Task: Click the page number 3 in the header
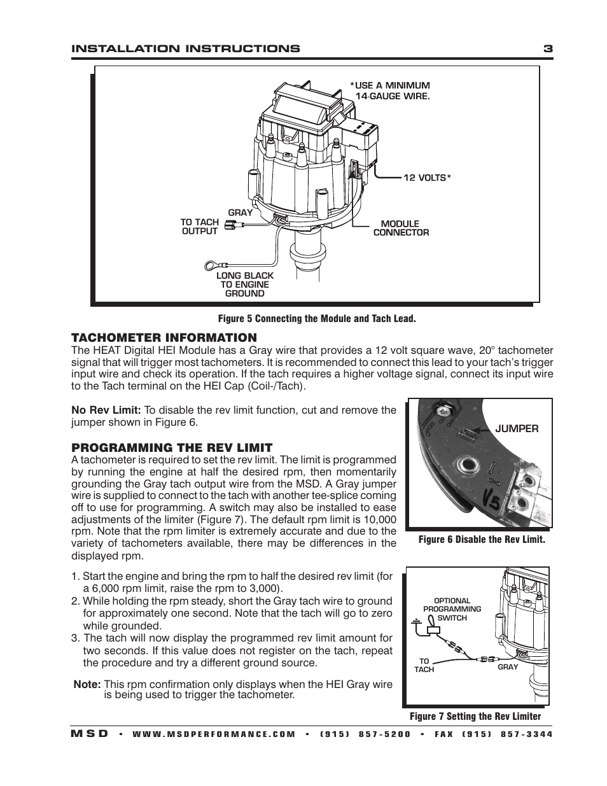(548, 48)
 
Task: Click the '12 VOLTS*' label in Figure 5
(427, 178)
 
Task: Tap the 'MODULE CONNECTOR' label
(401, 228)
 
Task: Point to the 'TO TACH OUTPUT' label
(199, 227)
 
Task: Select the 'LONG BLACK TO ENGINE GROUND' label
(245, 284)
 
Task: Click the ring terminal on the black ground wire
(211, 265)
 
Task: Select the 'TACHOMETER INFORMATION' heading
(164, 337)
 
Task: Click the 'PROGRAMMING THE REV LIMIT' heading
(172, 447)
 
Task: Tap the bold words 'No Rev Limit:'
(106, 410)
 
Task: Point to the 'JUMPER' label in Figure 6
(517, 429)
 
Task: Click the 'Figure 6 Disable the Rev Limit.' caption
(482, 540)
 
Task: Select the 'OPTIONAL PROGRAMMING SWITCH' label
(452, 609)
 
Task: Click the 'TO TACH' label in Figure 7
(424, 665)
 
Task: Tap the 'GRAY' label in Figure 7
(508, 666)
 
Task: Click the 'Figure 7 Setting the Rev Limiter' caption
(475, 717)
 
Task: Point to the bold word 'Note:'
(87, 684)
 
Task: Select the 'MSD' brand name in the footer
(89, 734)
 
